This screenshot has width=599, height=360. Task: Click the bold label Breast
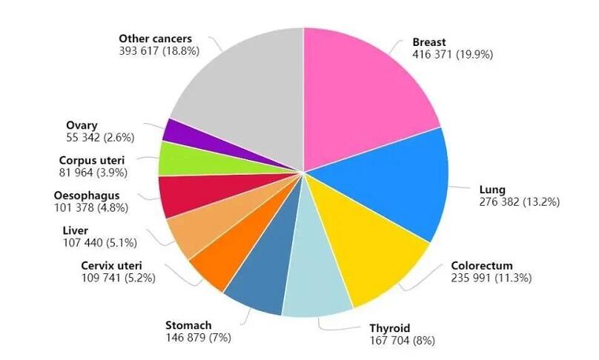[430, 42]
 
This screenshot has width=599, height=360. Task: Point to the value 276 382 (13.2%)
[519, 201]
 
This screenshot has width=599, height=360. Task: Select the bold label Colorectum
[481, 265]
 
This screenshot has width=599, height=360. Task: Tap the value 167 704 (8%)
[402, 341]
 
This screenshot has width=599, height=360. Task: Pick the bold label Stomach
[188, 325]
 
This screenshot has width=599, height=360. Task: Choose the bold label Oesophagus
[87, 196]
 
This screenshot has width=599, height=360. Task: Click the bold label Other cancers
[155, 37]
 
